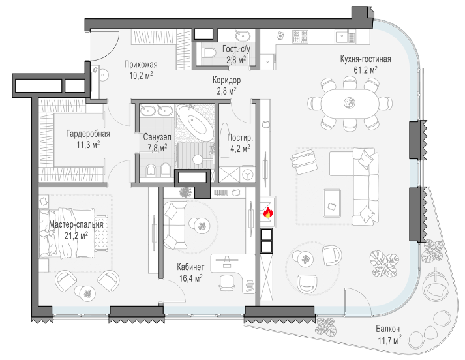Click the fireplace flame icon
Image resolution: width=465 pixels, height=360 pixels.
(268, 213)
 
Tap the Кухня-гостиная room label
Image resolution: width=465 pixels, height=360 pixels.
(365, 59)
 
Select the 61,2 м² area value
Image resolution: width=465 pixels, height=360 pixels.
(365, 70)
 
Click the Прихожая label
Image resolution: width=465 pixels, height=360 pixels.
(141, 65)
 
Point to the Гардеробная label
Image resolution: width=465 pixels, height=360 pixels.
(88, 134)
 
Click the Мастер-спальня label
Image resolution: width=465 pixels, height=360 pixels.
(76, 224)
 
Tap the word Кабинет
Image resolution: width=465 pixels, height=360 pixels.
(190, 267)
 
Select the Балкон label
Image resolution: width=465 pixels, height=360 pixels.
(387, 329)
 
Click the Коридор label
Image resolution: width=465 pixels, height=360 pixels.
(226, 80)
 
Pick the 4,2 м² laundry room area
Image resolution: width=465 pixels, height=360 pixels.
(240, 148)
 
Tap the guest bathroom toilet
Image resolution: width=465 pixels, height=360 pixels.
(209, 53)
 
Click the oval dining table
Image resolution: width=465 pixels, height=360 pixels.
(350, 103)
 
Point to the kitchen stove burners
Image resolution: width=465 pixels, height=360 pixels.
(301, 37)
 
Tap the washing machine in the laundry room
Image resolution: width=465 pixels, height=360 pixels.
(247, 175)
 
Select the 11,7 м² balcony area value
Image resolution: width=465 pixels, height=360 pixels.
(390, 340)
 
